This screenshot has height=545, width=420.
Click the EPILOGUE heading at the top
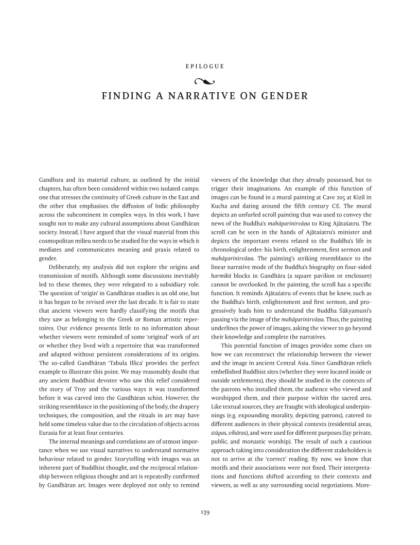click(209, 66)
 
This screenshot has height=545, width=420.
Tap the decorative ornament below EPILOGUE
click(209, 80)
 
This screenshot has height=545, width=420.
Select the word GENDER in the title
click(286, 96)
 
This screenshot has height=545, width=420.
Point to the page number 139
click(209, 512)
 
